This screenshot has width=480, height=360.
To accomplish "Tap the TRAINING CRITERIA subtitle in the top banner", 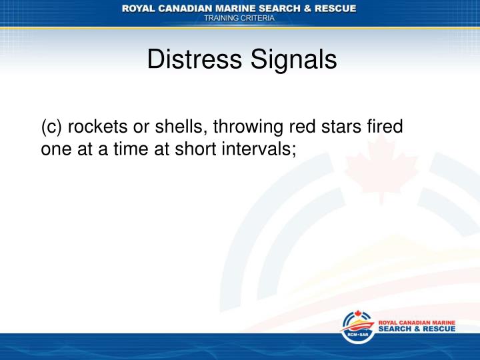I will coord(239,19).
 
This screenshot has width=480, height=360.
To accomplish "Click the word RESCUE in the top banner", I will coord(333,8).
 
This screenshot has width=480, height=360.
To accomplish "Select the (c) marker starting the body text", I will coord(52,126).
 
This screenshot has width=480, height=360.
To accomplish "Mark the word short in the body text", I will coord(197,149).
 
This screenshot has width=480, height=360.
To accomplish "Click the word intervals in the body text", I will coord(261,149).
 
